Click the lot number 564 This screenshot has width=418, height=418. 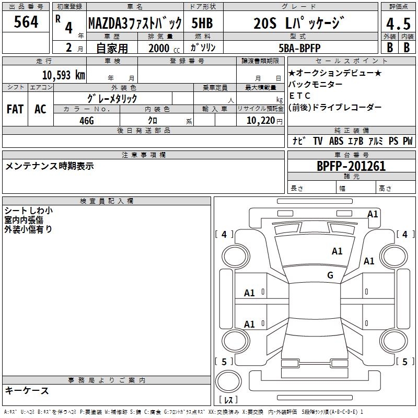(x=26, y=21)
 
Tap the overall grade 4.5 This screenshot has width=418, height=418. (x=398, y=24)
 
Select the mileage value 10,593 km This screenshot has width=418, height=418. (x=64, y=75)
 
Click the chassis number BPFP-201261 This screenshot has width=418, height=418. (x=351, y=166)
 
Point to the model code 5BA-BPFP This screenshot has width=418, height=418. (x=299, y=48)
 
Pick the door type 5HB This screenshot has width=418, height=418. (x=202, y=23)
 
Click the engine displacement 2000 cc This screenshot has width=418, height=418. (x=164, y=48)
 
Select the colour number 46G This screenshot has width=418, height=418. (x=87, y=121)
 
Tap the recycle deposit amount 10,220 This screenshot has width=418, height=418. (x=261, y=121)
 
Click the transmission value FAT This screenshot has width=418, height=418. (x=15, y=109)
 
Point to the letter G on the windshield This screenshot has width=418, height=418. (x=330, y=275)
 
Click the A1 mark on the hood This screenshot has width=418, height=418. (x=337, y=251)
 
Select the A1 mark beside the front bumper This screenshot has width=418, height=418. (x=373, y=214)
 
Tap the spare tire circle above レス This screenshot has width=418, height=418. (x=228, y=381)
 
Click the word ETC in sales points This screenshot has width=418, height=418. (x=300, y=96)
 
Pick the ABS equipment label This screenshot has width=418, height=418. (x=336, y=141)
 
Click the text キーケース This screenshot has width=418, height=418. (x=27, y=391)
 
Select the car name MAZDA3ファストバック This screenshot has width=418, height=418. (x=135, y=24)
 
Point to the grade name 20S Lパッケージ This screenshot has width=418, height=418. (x=299, y=23)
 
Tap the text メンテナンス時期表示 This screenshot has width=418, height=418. (x=49, y=166)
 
